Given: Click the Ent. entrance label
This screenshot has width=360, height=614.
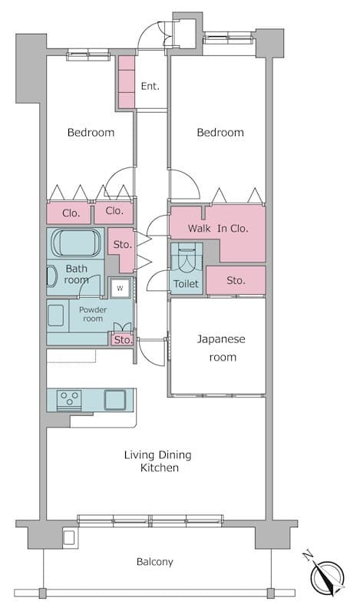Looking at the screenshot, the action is (150, 87).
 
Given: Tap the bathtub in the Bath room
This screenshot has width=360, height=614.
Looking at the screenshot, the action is (76, 243).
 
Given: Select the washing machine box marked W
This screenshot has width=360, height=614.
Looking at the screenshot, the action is (120, 289).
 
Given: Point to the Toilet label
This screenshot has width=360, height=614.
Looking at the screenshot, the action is (186, 283).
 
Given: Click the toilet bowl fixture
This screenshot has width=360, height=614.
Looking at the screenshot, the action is (187, 258).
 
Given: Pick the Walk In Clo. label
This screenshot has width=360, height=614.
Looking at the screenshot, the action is (218, 228).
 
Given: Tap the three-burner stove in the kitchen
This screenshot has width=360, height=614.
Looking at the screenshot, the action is (69, 400).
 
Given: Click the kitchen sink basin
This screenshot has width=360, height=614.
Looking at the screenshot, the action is (115, 400).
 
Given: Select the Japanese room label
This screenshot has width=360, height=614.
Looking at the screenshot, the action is (221, 348).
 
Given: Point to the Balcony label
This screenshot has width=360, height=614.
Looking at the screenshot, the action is (155, 562).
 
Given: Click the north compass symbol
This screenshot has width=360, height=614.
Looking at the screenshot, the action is (326, 575).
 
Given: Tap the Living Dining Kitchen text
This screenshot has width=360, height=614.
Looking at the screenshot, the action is (158, 461).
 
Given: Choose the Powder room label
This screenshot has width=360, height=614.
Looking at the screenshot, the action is (93, 314).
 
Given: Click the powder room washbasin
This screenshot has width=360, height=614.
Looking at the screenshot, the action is (55, 315).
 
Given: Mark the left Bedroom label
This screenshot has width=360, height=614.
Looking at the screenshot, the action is (91, 132).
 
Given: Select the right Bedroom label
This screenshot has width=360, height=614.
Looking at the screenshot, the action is (220, 132).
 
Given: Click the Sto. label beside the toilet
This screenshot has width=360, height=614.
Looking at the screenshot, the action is (236, 280).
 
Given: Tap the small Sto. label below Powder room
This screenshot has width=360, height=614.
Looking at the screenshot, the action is (123, 340).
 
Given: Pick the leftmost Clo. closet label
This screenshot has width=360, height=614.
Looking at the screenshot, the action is (71, 213).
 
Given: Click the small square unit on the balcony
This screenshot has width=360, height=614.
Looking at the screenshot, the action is (69, 537).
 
